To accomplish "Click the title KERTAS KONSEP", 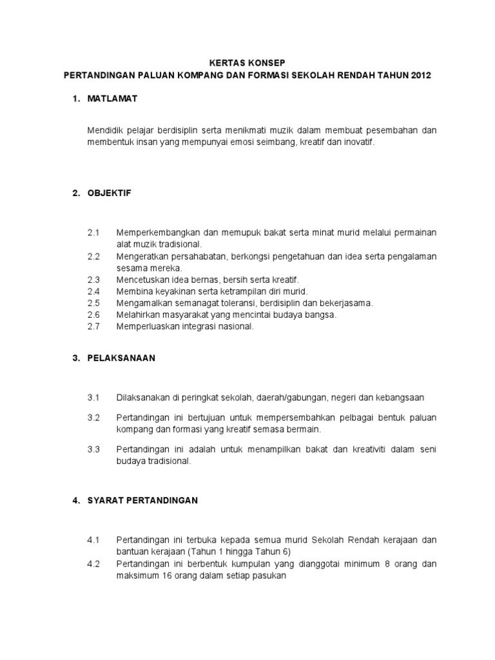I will (x=247, y=63).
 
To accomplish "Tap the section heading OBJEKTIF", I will (x=110, y=193).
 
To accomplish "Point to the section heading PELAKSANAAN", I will (x=122, y=358).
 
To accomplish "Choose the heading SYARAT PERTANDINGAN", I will (x=142, y=500).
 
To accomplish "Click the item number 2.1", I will (x=94, y=232).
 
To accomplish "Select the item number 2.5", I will (x=94, y=302).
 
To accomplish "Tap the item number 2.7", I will (x=94, y=326).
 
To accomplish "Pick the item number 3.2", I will (x=94, y=418).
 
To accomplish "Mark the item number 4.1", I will (x=94, y=539).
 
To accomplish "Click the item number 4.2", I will (x=94, y=564).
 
